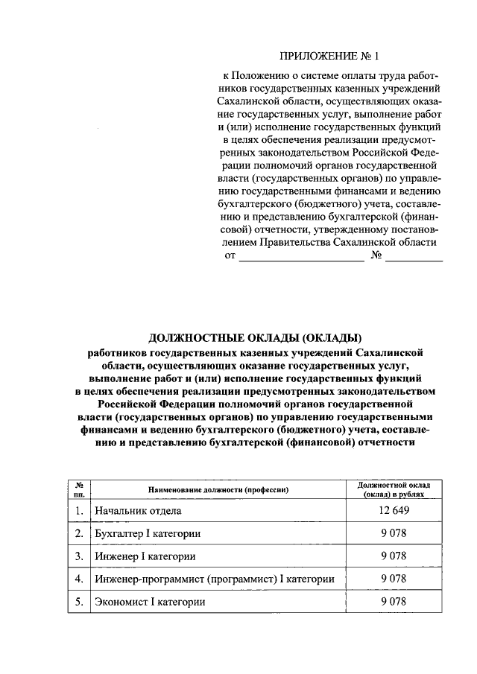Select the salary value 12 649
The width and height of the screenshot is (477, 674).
pyautogui.click(x=393, y=511)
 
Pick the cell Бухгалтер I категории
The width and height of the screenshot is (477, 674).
pyautogui.click(x=147, y=534)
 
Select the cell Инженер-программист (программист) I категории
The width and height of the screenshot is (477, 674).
pyautogui.click(x=213, y=579)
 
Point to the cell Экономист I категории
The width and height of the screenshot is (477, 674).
pyautogui.click(x=148, y=601)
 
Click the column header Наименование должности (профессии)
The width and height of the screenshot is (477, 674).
pyautogui.click(x=218, y=489)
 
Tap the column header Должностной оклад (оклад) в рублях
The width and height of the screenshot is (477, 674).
pyautogui.click(x=393, y=489)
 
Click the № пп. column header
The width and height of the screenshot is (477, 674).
pyautogui.click(x=78, y=489)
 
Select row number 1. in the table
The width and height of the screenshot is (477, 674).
pyautogui.click(x=78, y=512)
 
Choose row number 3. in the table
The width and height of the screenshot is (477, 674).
pyautogui.click(x=78, y=556)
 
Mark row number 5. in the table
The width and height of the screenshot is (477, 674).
pyautogui.click(x=78, y=601)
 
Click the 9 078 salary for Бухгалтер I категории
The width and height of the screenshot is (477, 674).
pyautogui.click(x=393, y=534)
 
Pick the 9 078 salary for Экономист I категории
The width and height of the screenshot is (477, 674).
pyautogui.click(x=393, y=601)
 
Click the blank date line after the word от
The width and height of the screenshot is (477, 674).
pyautogui.click(x=301, y=258)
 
